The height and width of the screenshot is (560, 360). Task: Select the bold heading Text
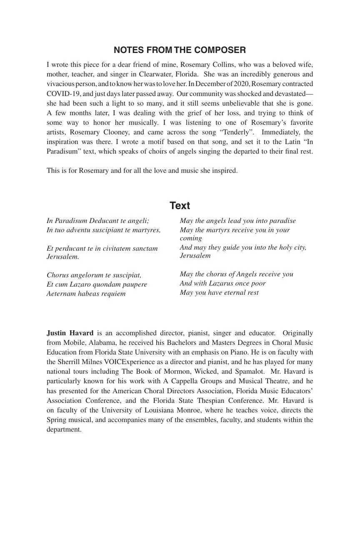[x=180, y=206]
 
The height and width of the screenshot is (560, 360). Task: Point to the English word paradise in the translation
[x=280, y=221]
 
